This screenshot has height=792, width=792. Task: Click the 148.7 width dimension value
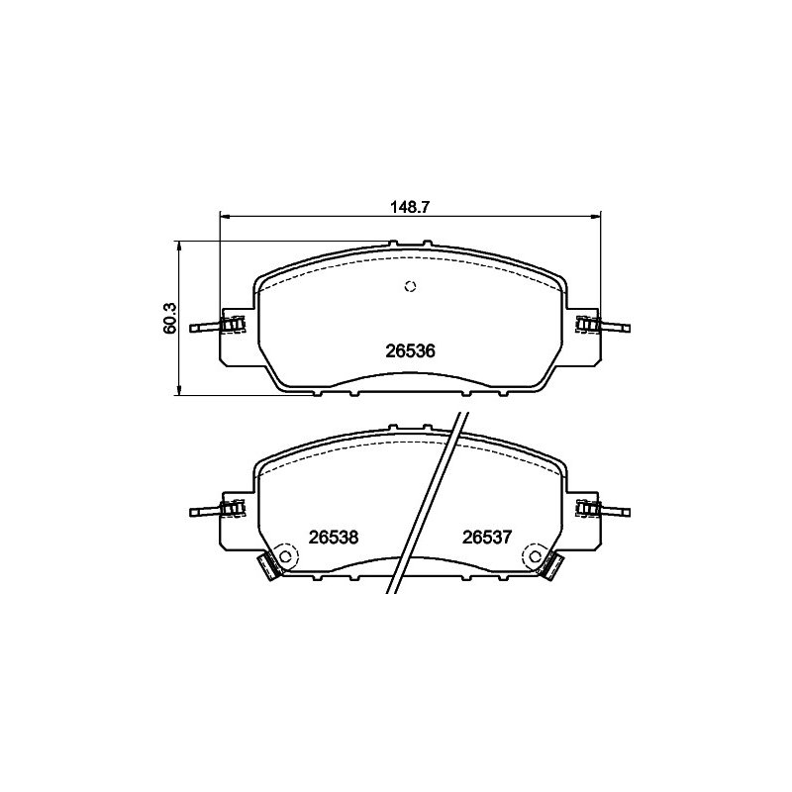tap(409, 207)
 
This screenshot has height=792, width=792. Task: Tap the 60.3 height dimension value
tap(170, 318)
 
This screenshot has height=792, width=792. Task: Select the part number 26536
tap(410, 350)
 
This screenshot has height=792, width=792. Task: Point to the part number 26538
tap(334, 537)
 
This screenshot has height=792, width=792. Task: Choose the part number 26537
tap(487, 537)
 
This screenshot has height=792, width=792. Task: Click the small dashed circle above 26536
tap(410, 286)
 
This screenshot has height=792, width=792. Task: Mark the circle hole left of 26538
tap(285, 556)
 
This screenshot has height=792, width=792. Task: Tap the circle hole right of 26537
tap(536, 556)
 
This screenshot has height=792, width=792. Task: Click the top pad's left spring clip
tap(234, 324)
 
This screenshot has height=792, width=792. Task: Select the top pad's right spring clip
tap(588, 324)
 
